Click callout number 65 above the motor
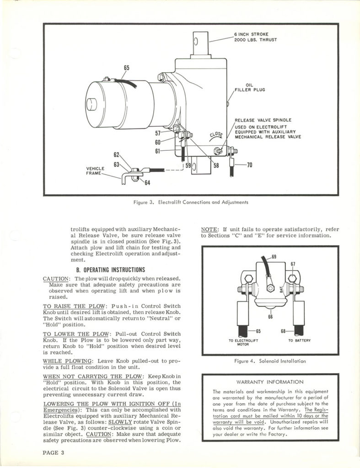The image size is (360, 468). point(126,68)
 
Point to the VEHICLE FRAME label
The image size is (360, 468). point(95,171)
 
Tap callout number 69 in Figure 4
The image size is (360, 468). point(274,257)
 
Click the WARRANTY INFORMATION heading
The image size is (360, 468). point(270,382)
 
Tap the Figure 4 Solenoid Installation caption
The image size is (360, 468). point(270,361)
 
